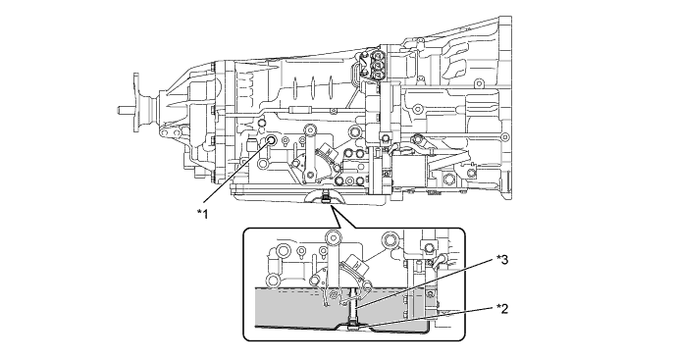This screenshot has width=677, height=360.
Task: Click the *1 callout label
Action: (202, 213)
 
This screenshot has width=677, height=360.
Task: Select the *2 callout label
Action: (502, 309)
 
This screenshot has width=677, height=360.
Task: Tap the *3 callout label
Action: (502, 260)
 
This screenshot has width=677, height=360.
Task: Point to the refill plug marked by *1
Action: (272, 139)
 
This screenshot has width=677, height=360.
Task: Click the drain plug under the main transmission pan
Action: (326, 198)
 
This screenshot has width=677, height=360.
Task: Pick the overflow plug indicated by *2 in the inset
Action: (353, 325)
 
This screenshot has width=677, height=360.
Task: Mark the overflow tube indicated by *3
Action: (354, 306)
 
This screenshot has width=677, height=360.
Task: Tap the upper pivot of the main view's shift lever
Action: (310, 129)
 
